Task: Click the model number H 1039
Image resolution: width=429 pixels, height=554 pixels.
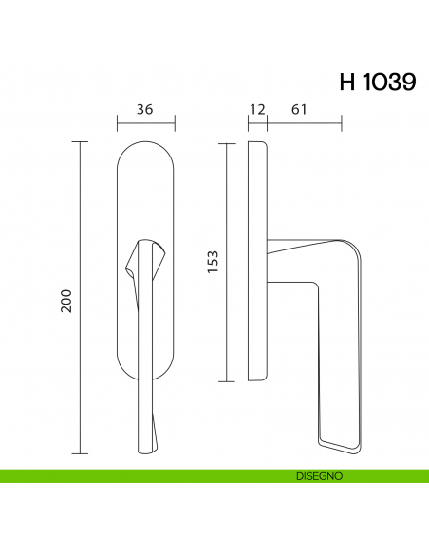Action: pos(376,83)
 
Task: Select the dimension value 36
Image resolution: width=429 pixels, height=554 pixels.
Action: pos(145,109)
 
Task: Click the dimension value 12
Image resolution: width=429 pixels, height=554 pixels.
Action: pos(255,109)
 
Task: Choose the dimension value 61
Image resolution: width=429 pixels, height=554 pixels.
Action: pos(298,109)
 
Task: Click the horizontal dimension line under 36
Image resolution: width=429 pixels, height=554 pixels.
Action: pos(145,123)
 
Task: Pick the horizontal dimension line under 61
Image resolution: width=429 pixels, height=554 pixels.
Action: pos(304,123)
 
